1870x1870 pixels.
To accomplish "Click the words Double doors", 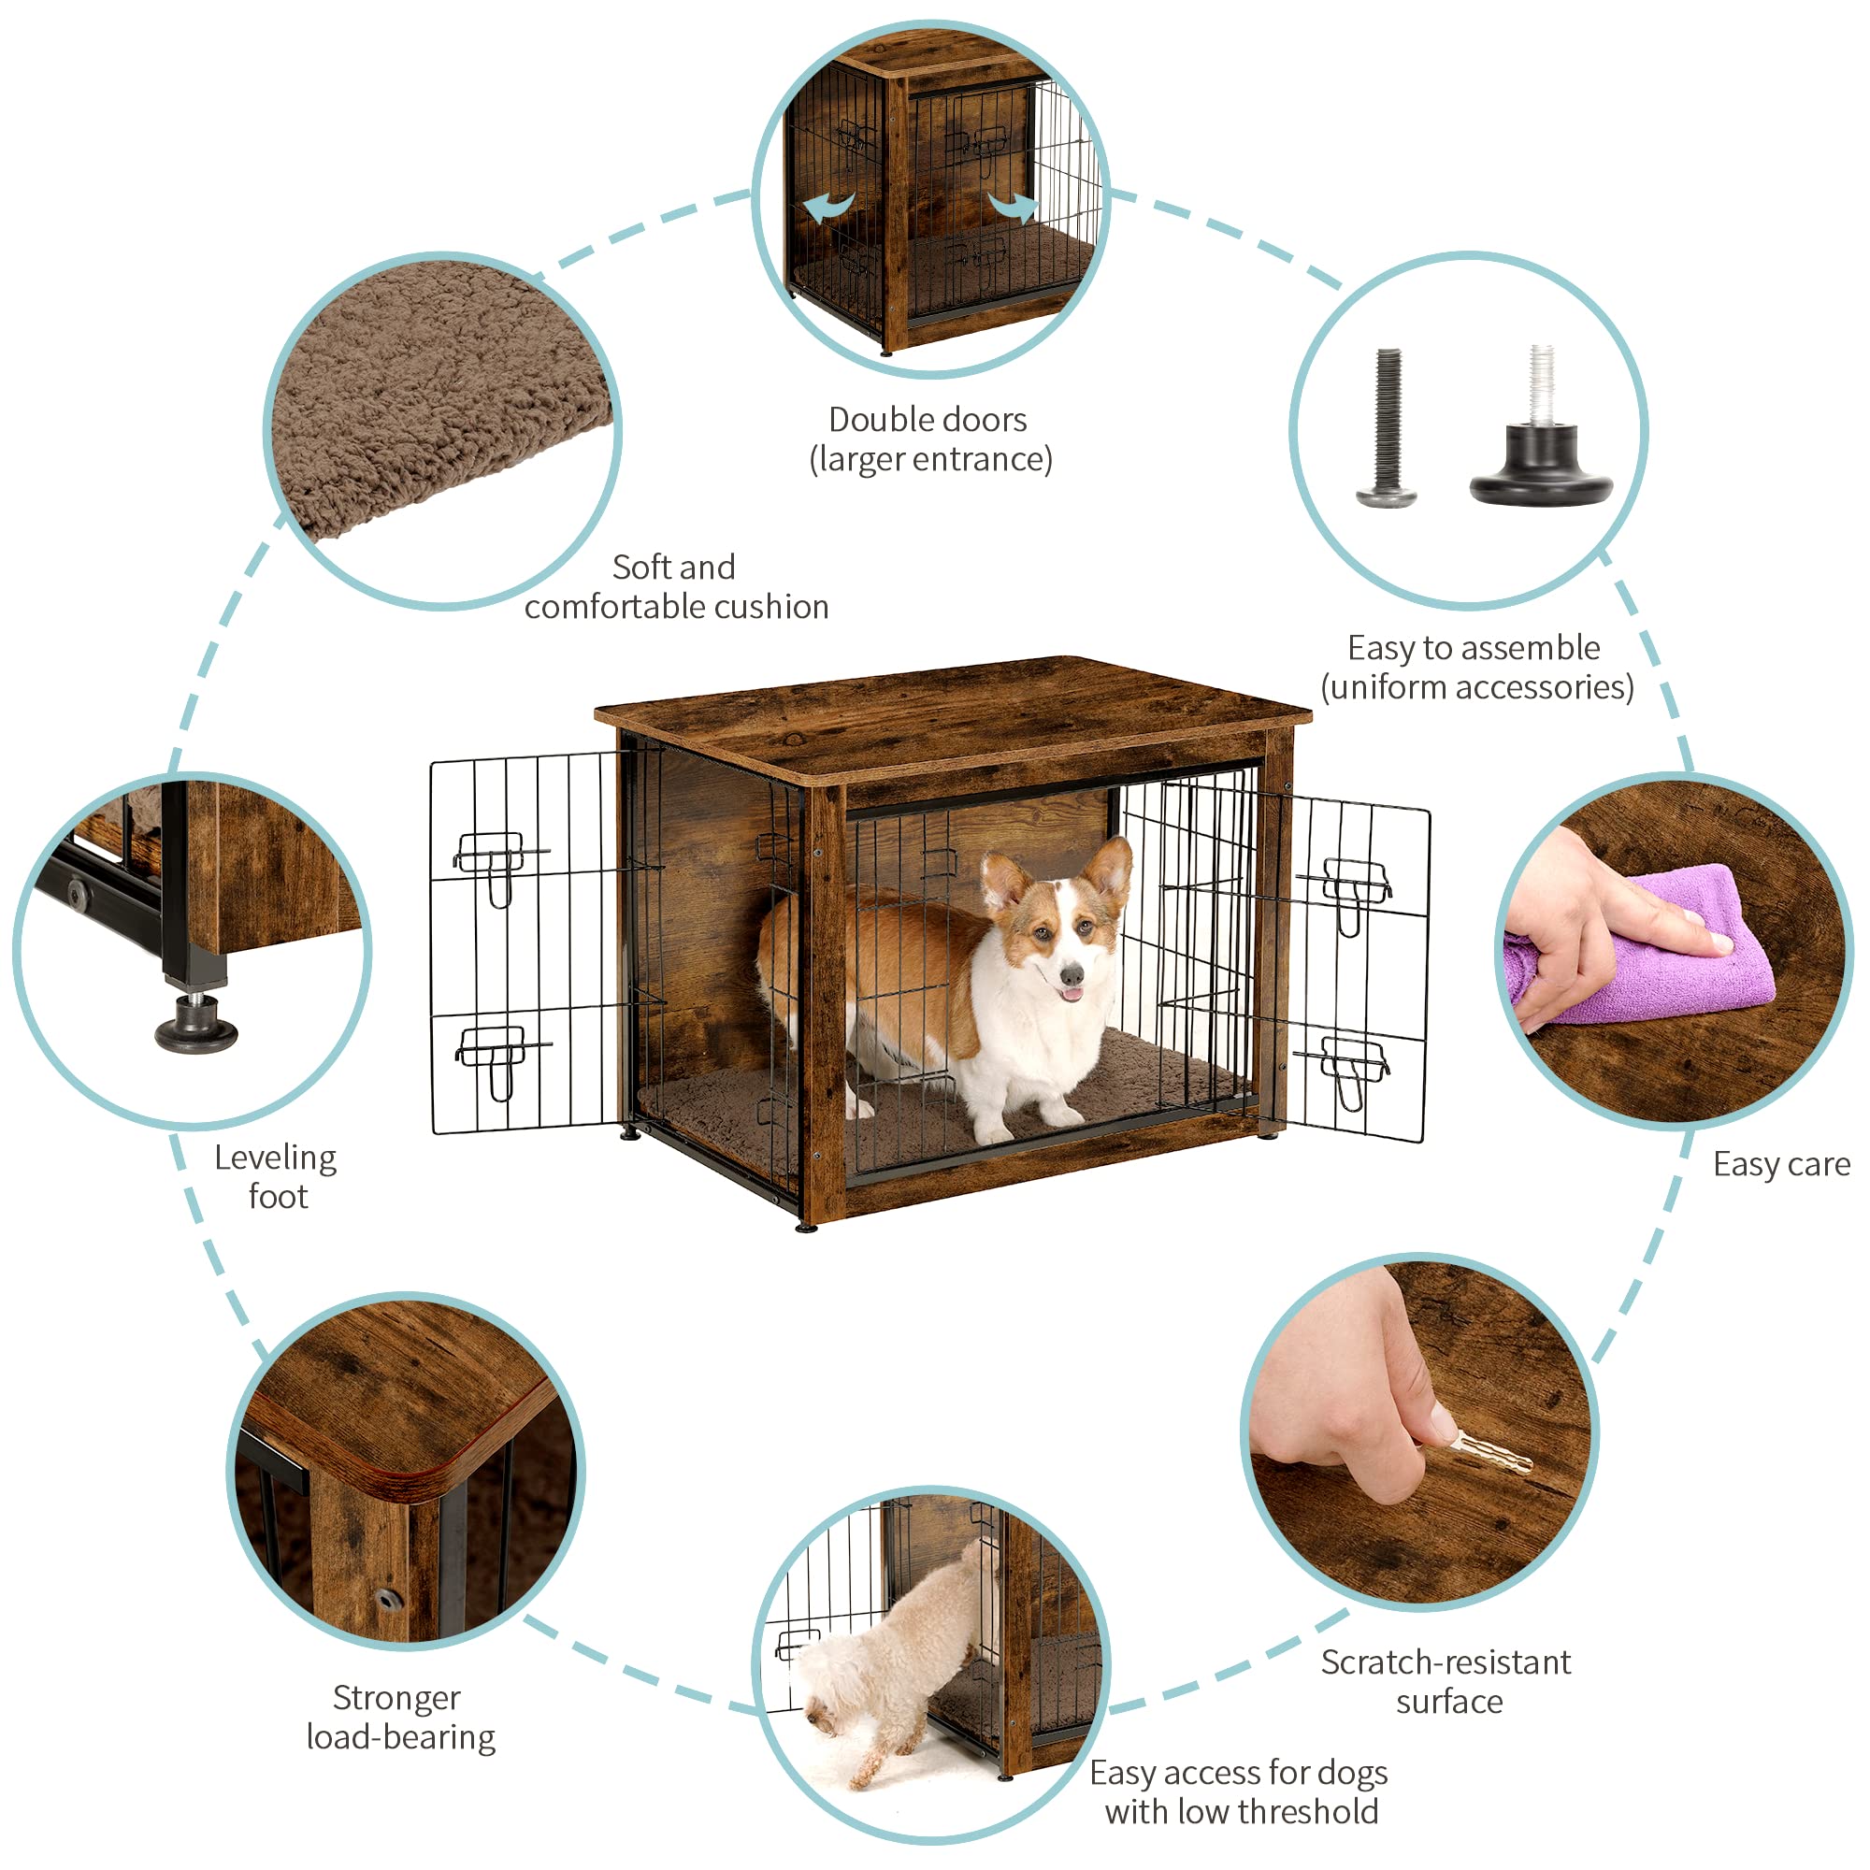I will (x=928, y=420).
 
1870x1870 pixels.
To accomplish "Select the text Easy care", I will (x=1780, y=1164).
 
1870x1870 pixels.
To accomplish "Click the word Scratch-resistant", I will (x=1446, y=1662).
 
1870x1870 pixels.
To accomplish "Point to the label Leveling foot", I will (x=276, y=1177).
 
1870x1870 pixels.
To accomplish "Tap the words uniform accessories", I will (x=1477, y=687).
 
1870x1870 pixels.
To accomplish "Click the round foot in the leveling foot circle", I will (x=196, y=1030).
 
